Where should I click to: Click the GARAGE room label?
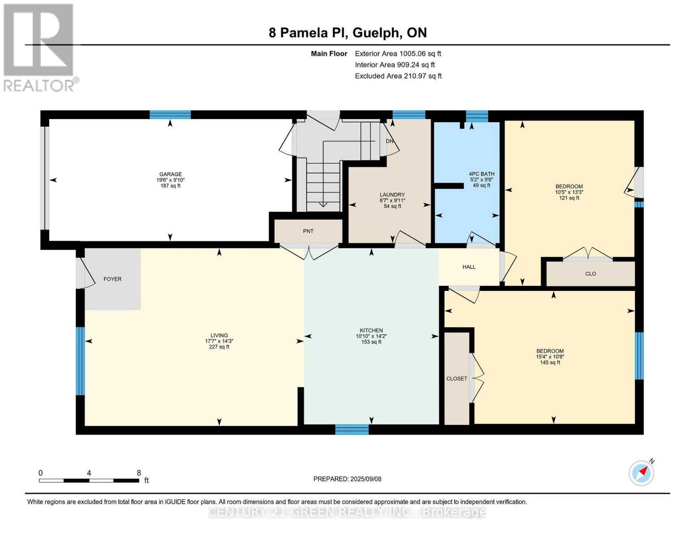click(171, 175)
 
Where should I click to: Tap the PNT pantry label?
click(308, 231)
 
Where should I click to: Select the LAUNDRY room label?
click(392, 195)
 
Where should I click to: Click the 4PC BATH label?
click(482, 174)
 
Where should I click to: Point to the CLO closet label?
click(590, 274)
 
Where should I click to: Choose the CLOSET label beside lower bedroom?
click(456, 379)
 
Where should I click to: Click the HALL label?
click(469, 267)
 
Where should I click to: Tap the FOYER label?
click(112, 279)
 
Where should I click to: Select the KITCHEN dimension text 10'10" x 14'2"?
click(371, 336)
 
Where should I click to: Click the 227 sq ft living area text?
click(219, 347)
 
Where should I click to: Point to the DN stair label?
click(389, 141)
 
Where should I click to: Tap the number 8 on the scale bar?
click(139, 473)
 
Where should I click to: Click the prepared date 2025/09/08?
click(366, 479)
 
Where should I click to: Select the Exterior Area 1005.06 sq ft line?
click(398, 54)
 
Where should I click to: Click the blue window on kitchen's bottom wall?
click(352, 430)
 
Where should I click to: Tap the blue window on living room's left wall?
click(80, 361)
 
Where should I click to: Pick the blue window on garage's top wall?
click(170, 115)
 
